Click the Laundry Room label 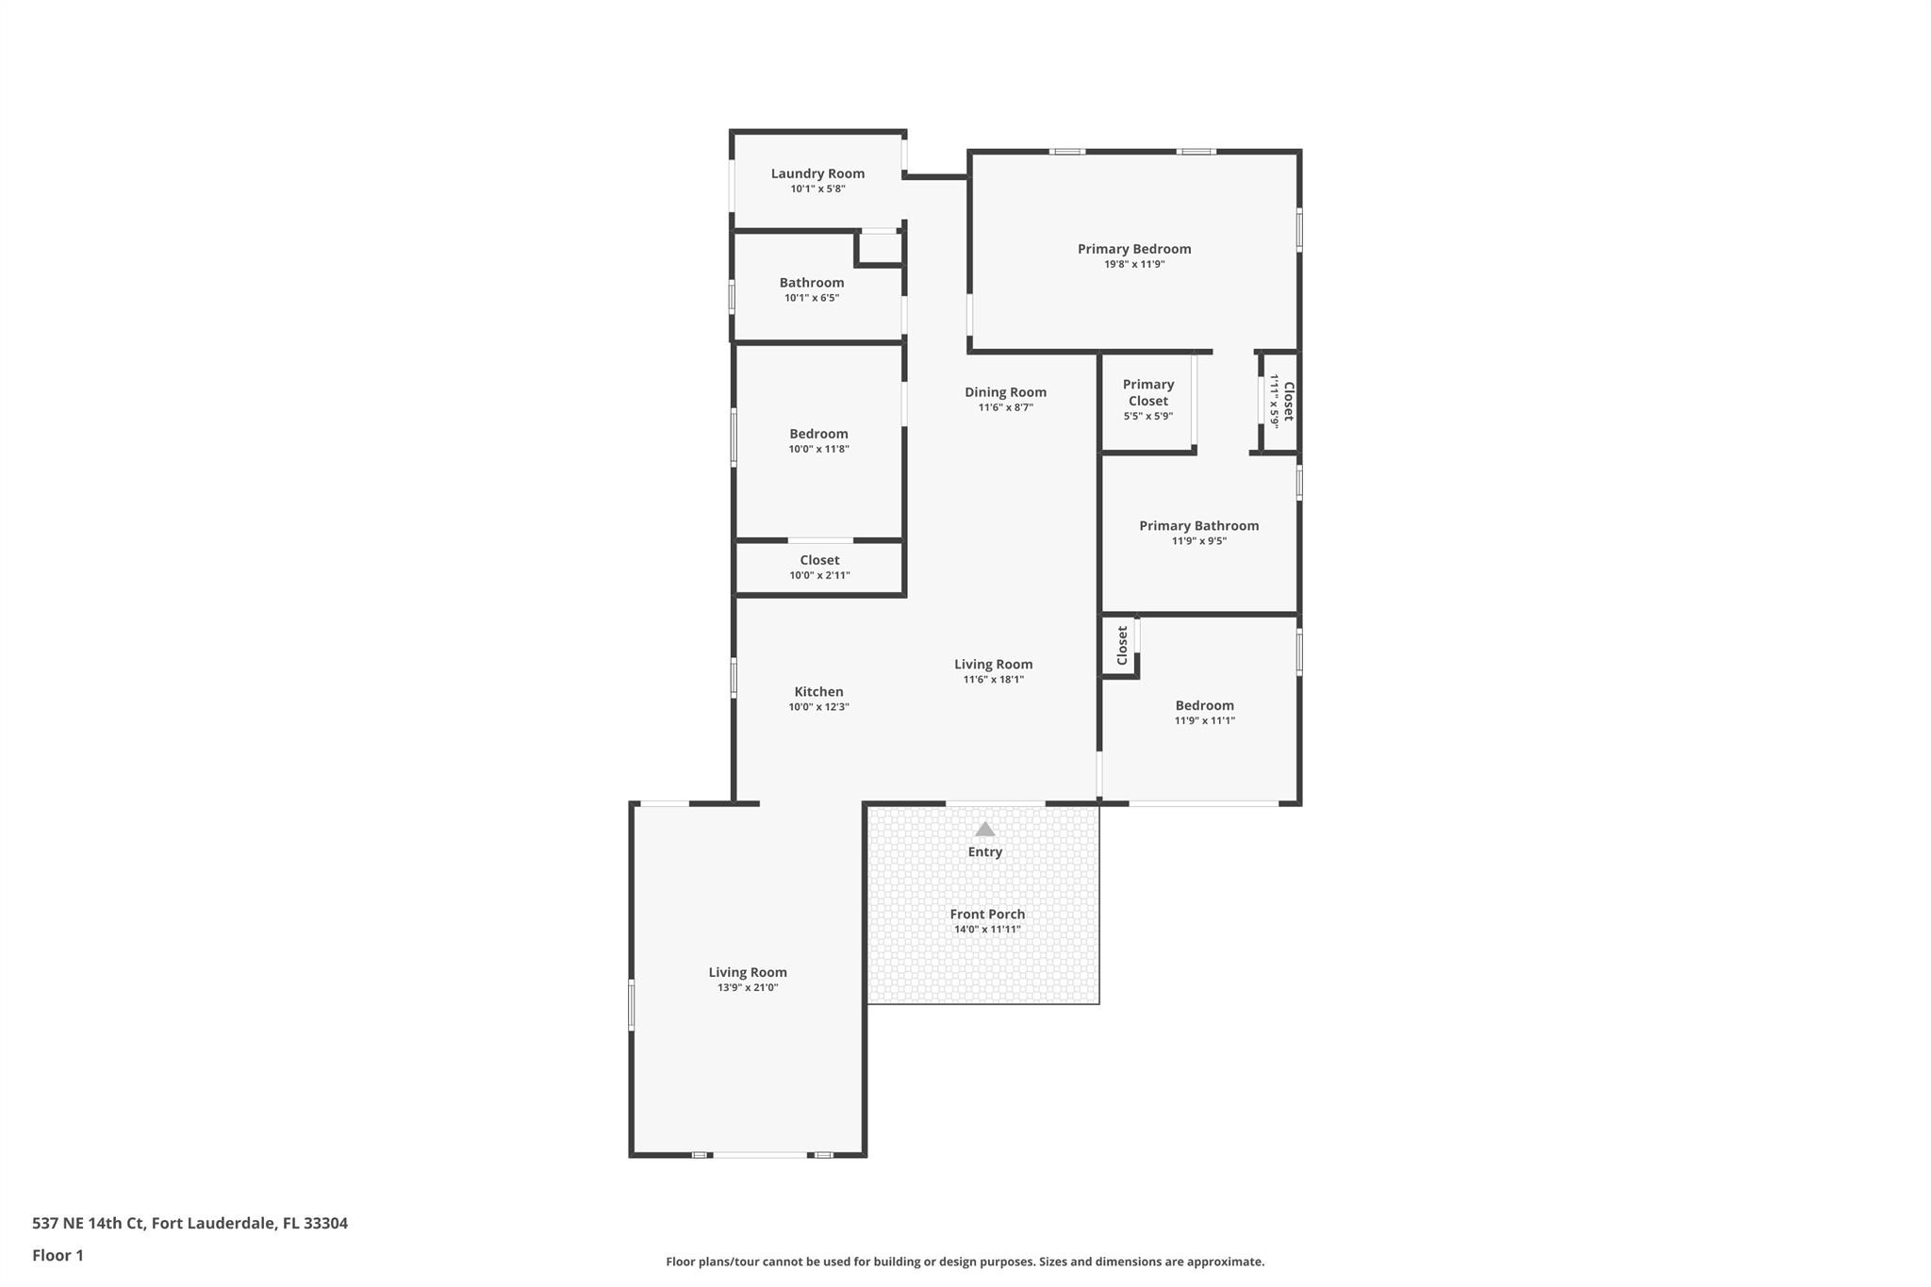[817, 173]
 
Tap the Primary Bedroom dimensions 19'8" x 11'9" [1134, 265]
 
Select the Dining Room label [1005, 392]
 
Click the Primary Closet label [1147, 392]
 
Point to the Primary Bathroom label [1198, 526]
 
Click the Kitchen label [818, 692]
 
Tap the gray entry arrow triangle [984, 830]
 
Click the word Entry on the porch [984, 852]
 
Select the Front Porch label [987, 914]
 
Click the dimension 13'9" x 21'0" [748, 988]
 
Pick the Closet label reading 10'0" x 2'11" [819, 560]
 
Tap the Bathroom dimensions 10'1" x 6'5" [812, 298]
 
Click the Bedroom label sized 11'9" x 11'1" [1204, 705]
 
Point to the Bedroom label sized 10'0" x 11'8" [818, 434]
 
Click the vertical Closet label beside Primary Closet [1288, 401]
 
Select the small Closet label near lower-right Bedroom [1122, 646]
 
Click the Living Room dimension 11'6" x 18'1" [993, 680]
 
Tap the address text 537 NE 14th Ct [90, 1224]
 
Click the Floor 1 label [58, 1256]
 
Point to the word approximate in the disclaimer [1224, 1262]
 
